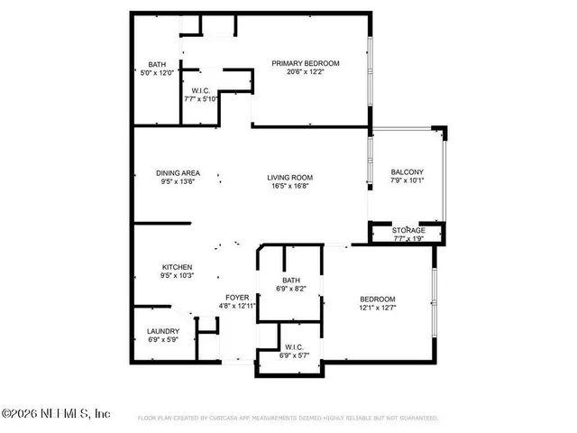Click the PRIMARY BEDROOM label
[306, 62]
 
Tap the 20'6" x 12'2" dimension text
[306, 72]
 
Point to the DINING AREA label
[178, 173]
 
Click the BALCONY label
[407, 173]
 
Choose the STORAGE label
[408, 231]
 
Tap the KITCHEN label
[178, 267]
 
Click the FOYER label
[237, 297]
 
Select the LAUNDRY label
[163, 331]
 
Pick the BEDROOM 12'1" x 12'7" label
[378, 299]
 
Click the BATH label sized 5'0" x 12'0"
[157, 64]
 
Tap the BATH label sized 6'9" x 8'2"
[291, 281]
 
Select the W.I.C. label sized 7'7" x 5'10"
[201, 90]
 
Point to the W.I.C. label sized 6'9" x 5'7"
[294, 347]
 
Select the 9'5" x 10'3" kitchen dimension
[178, 277]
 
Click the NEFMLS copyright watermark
[56, 413]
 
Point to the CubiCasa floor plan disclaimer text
[288, 419]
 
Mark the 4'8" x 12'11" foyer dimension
[237, 307]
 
